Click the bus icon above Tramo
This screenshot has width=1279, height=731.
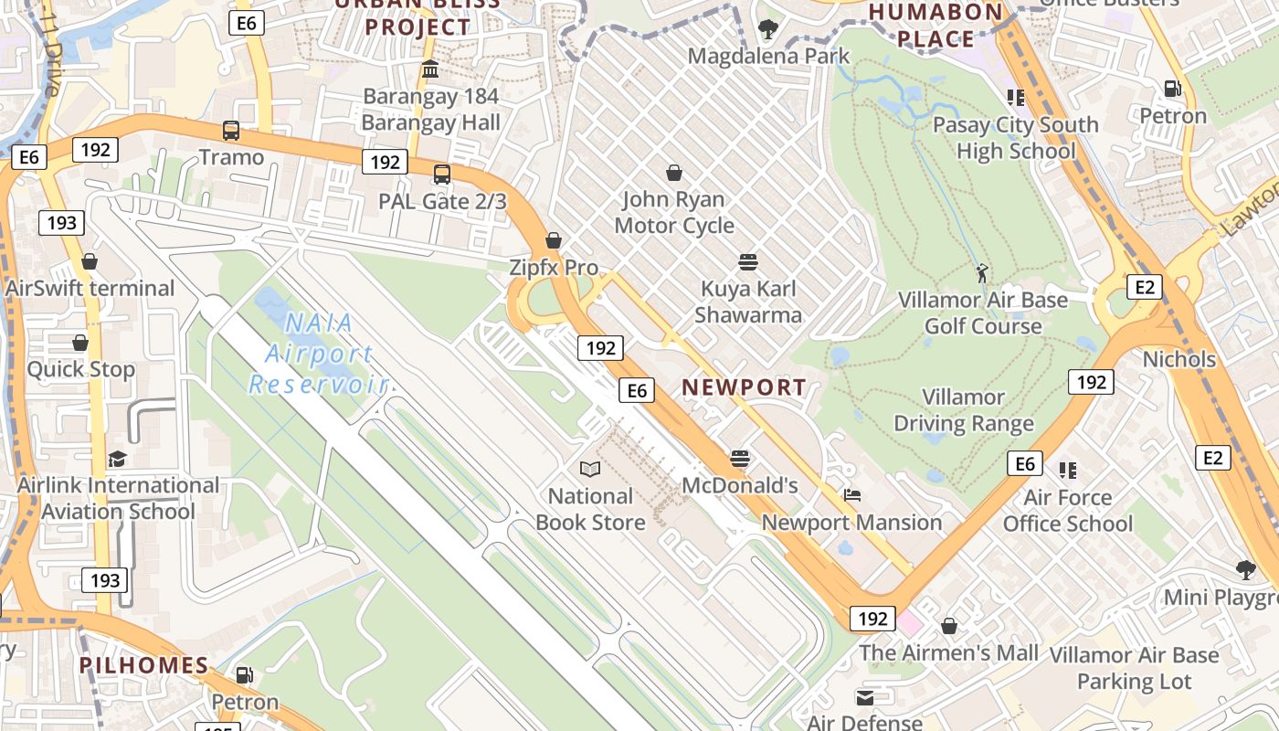click(x=231, y=131)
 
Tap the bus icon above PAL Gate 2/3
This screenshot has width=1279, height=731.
click(x=442, y=174)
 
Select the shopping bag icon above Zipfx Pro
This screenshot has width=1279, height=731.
click(x=553, y=241)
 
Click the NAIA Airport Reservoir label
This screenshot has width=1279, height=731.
click(x=319, y=353)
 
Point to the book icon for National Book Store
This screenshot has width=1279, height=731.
click(x=590, y=470)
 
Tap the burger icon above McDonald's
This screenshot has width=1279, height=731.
click(x=740, y=459)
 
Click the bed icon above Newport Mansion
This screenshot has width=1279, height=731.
click(x=852, y=496)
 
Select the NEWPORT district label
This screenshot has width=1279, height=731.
click(x=745, y=387)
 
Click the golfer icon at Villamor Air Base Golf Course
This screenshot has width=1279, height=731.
click(x=982, y=272)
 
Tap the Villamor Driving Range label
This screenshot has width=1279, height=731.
click(x=964, y=410)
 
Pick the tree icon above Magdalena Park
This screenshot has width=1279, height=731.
click(x=768, y=29)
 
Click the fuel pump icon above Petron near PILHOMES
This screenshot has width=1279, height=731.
click(x=244, y=675)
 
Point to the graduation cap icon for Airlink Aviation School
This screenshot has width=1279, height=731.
click(x=117, y=459)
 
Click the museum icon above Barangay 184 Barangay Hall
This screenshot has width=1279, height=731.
click(x=430, y=69)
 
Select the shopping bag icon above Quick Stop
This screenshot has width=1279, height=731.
click(x=80, y=343)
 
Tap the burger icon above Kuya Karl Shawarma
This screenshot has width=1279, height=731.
click(x=748, y=262)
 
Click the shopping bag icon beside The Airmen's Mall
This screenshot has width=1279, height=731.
click(x=949, y=626)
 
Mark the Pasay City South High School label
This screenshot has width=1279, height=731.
click(x=1016, y=137)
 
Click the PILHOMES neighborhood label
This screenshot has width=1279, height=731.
click(x=144, y=665)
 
